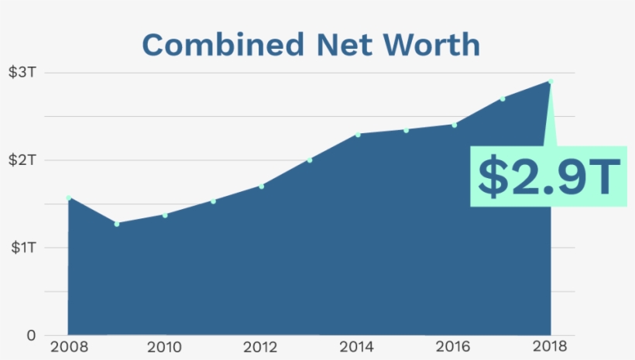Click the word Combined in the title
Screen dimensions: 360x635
click(201, 45)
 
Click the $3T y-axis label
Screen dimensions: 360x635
click(22, 73)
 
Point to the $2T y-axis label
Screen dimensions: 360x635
click(22, 160)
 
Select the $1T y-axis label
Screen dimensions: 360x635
click(22, 248)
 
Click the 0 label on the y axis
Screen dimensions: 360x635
click(31, 335)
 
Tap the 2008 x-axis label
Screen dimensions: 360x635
click(68, 346)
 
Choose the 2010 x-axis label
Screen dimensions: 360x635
click(164, 346)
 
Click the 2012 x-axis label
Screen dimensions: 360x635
click(261, 346)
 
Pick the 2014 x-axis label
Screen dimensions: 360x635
click(358, 346)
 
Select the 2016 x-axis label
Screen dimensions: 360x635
click(454, 346)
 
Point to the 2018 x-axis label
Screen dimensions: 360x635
click(551, 346)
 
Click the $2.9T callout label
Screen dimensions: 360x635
click(548, 176)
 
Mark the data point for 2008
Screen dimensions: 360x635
click(68, 198)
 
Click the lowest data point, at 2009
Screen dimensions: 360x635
click(117, 224)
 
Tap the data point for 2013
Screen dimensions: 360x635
click(310, 160)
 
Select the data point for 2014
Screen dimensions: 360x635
click(358, 135)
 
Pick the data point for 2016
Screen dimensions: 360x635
click(455, 125)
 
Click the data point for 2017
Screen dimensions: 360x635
click(503, 98)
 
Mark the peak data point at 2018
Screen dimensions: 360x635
click(551, 81)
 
